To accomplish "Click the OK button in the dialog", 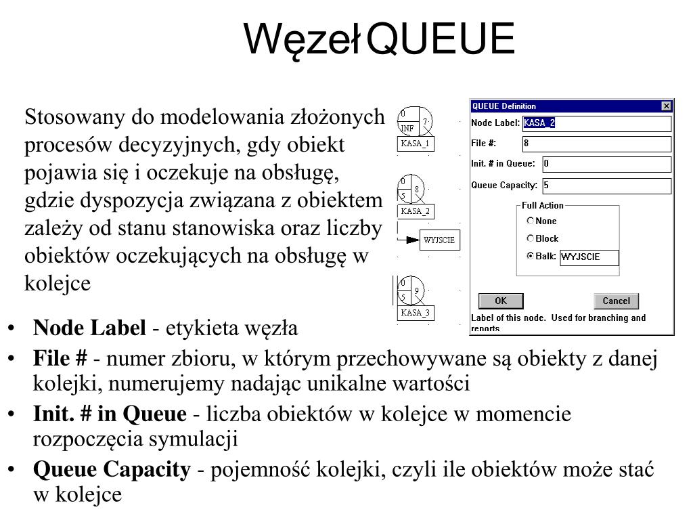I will point(501,301).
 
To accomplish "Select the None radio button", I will point(531,221).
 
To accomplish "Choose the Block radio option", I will point(531,239).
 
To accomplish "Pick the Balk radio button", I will point(531,257).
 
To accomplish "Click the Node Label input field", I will point(597,123).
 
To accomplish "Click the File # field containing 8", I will point(597,144).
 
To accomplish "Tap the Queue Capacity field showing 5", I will point(606,186).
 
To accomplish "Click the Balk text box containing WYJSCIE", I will point(589,257).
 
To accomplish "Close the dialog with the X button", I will point(666,106).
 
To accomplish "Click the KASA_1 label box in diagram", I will point(415,144).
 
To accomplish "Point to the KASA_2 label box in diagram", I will point(415,211).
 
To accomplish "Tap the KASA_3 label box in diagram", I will point(415,313).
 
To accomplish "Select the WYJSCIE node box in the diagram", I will point(439,240).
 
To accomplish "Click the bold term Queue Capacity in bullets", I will point(112,469).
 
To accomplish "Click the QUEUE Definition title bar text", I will point(504,106).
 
